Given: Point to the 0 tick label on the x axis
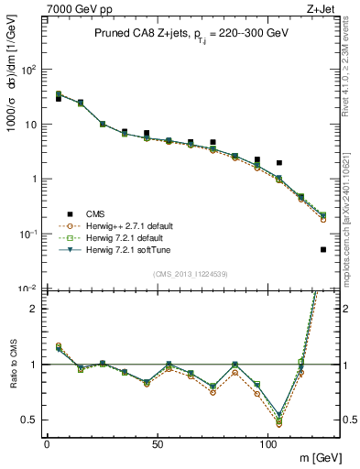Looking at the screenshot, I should point(47,443).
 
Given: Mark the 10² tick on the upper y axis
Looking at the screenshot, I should point(27,70).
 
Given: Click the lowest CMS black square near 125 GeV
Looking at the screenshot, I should point(322,249).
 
